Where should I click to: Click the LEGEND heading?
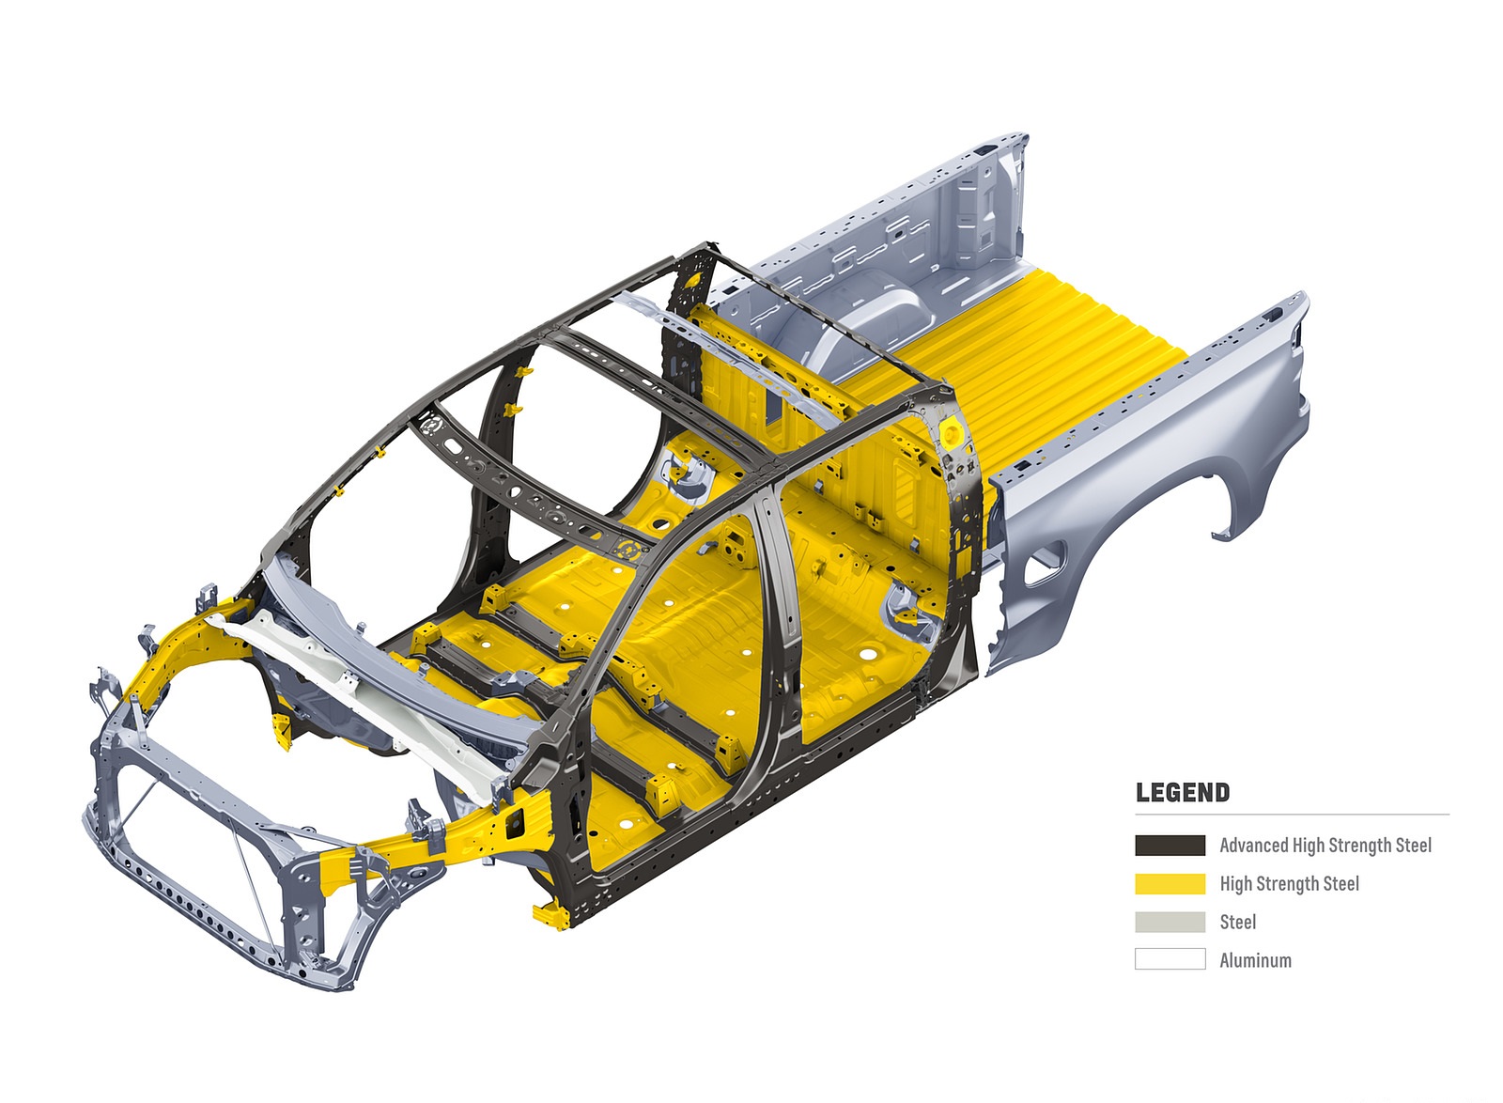[1183, 792]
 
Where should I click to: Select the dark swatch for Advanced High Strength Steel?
[1170, 846]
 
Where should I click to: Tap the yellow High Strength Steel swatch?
[1170, 883]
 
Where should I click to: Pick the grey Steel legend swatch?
[1170, 922]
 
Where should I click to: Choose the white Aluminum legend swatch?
[1170, 959]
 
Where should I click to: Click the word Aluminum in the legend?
[1255, 960]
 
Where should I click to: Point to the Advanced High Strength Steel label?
[1325, 846]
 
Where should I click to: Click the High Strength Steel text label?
[1289, 883]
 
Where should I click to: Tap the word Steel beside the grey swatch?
[1237, 922]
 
